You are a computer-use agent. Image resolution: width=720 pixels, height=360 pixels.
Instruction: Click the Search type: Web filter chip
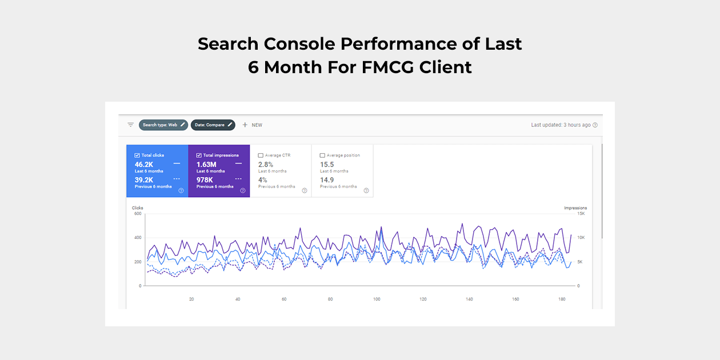(x=163, y=125)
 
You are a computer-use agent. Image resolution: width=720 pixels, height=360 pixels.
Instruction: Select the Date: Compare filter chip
(x=213, y=125)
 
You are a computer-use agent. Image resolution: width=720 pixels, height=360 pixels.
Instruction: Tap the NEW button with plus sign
(x=252, y=125)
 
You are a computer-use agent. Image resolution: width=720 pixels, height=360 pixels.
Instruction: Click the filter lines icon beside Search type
(x=131, y=125)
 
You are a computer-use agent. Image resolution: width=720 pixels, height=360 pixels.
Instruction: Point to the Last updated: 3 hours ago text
(x=561, y=125)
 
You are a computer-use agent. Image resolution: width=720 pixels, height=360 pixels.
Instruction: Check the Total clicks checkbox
(x=137, y=155)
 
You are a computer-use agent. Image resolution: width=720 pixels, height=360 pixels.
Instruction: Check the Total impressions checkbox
(x=199, y=155)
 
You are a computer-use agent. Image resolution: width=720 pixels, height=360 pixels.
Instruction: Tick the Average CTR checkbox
(x=261, y=155)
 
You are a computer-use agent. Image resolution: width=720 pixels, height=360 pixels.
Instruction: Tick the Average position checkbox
(x=322, y=155)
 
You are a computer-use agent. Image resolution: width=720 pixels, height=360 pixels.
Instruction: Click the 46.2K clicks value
(x=144, y=165)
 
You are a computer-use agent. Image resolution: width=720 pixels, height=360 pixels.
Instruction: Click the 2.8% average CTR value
(x=266, y=165)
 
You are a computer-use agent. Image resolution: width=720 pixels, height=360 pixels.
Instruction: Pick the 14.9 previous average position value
(x=327, y=179)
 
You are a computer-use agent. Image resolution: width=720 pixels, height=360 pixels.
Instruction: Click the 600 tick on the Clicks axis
(x=137, y=214)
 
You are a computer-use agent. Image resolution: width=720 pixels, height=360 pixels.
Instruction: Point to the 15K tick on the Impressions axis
(x=581, y=214)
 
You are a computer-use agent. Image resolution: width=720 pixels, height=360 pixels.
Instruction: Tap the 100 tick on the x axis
(x=377, y=299)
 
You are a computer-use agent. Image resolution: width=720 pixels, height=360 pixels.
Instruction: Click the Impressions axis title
(x=575, y=208)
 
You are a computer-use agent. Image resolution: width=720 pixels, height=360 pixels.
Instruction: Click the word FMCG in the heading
(x=388, y=67)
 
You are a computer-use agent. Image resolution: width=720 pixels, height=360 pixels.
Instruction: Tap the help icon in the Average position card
(x=366, y=191)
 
